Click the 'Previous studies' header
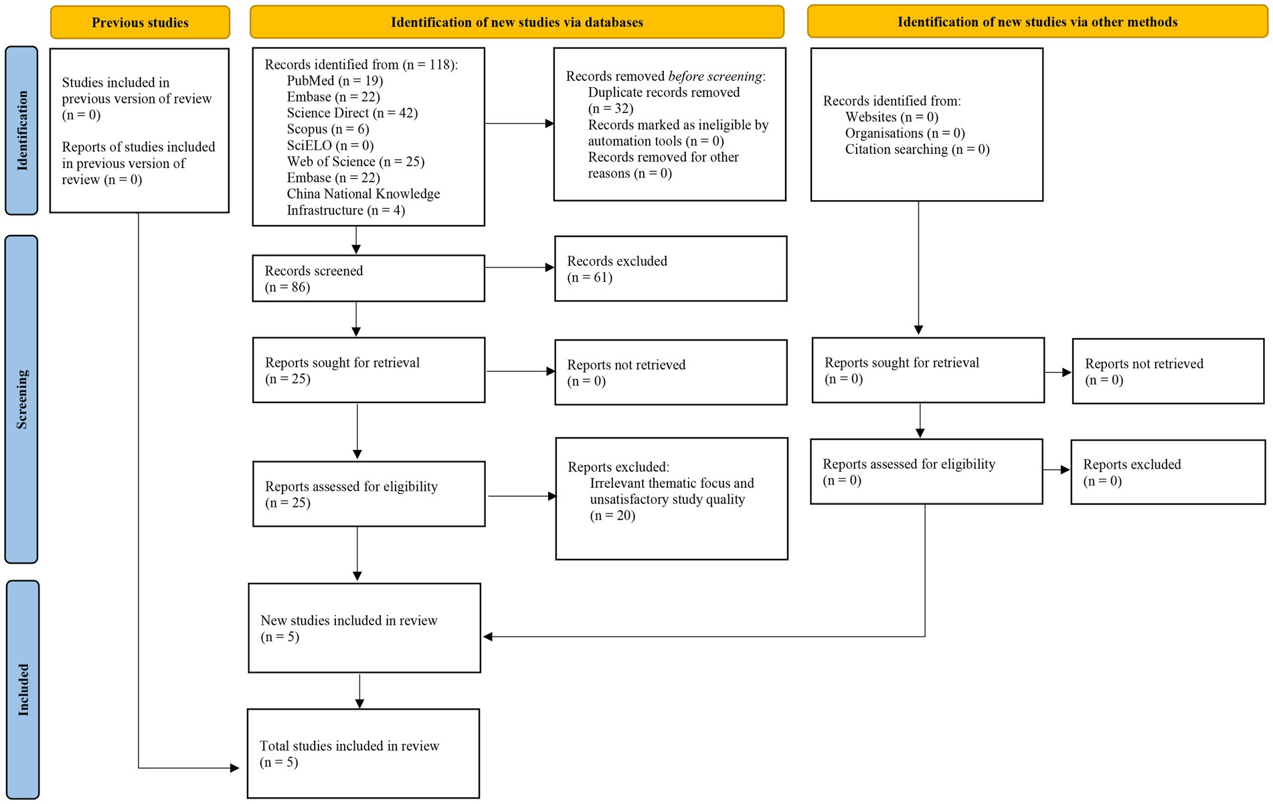click(x=140, y=22)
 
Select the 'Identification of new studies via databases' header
click(x=517, y=22)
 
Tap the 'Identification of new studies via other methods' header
click(x=1037, y=21)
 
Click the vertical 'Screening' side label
click(x=21, y=399)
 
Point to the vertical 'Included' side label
click(x=23, y=690)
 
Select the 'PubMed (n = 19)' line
click(x=335, y=81)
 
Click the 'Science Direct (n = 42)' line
click(x=352, y=113)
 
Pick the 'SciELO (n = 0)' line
click(x=330, y=145)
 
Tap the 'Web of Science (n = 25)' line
click(x=355, y=161)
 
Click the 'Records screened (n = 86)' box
click(x=368, y=278)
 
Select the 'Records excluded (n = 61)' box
click(x=671, y=268)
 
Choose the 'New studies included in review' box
click(x=364, y=628)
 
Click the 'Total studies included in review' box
click(x=363, y=754)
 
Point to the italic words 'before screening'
click(x=715, y=76)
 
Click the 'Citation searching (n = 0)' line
click(x=917, y=149)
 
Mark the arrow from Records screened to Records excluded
click(x=520, y=268)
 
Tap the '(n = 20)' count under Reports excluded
click(x=612, y=515)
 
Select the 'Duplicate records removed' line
click(x=664, y=92)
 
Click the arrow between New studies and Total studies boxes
click(x=359, y=691)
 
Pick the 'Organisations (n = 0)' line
click(x=905, y=133)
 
